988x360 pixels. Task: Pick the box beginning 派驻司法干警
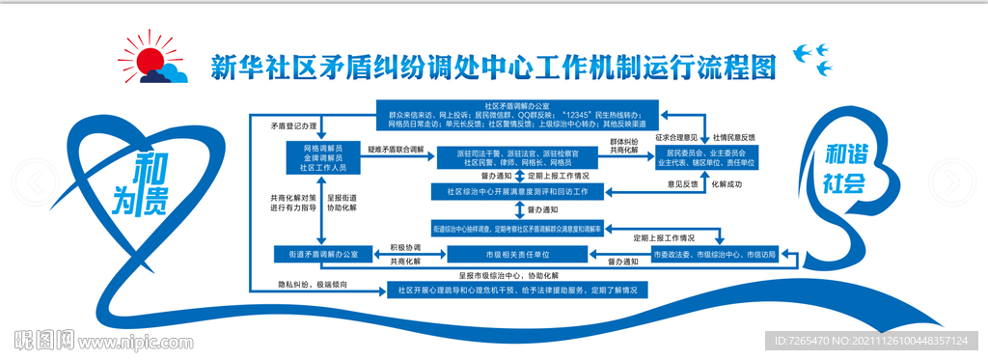point(519,157)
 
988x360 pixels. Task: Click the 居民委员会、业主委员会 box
point(707,157)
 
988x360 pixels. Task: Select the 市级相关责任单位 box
point(518,254)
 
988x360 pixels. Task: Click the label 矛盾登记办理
point(293,126)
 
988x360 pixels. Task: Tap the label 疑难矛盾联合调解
point(395,150)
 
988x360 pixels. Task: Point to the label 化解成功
point(727,182)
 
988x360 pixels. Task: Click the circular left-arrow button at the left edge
point(36,180)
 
